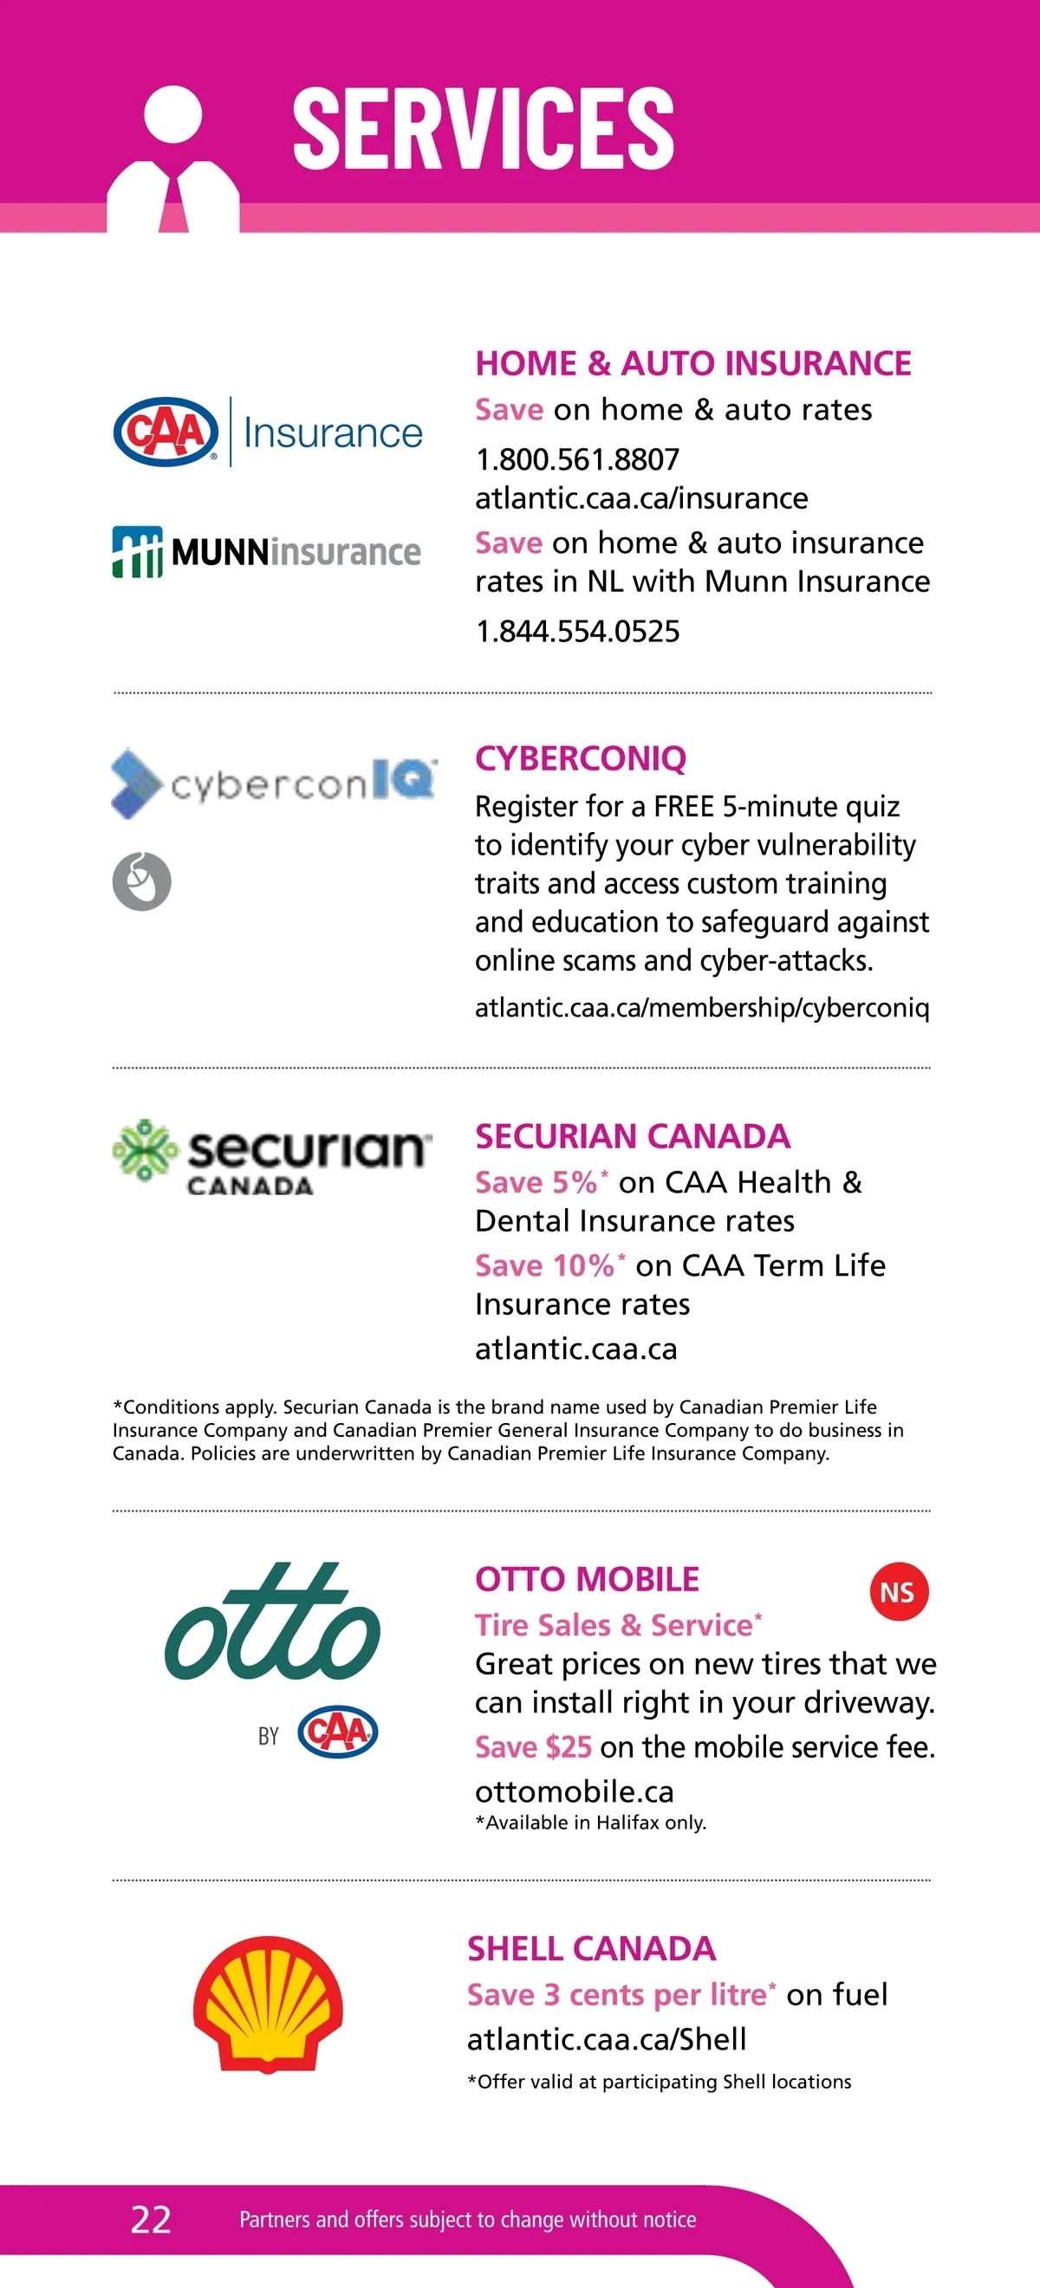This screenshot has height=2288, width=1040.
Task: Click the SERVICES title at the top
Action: click(483, 128)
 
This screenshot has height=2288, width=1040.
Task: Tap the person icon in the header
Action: click(173, 159)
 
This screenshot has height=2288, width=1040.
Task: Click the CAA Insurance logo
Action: click(267, 432)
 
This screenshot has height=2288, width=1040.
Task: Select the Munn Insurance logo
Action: click(266, 551)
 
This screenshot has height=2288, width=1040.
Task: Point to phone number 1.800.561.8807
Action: click(577, 459)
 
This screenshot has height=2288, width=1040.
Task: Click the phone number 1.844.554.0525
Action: click(577, 632)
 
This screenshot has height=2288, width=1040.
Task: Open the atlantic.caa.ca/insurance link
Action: click(641, 498)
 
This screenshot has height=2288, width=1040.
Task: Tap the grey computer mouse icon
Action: click(142, 881)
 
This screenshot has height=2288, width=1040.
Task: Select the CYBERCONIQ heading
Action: click(581, 758)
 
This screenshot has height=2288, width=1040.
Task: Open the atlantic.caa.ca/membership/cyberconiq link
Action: click(702, 1007)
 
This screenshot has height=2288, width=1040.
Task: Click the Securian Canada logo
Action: click(272, 1155)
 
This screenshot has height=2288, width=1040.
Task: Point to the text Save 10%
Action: click(544, 1264)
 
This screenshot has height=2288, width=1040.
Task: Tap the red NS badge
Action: click(898, 1593)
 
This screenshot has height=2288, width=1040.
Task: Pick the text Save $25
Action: click(533, 1747)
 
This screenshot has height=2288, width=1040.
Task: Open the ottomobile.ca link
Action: click(574, 1791)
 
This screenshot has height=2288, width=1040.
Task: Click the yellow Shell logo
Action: click(267, 2003)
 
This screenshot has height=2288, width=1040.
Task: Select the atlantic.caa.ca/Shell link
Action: click(607, 2039)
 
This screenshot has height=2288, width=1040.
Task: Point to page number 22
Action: click(151, 2220)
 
